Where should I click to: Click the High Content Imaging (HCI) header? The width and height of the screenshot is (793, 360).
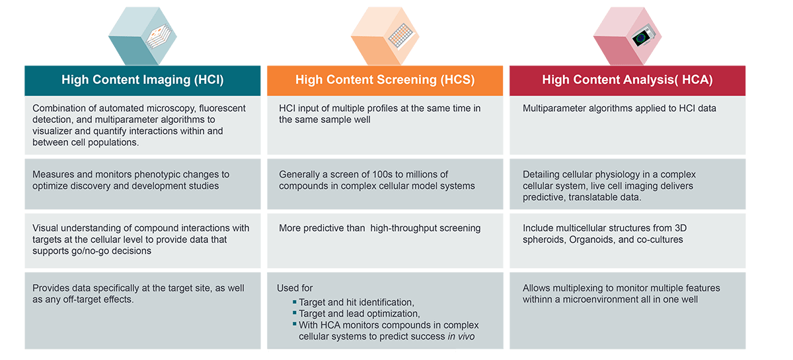(x=142, y=81)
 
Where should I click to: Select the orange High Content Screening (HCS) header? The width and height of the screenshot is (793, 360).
(x=385, y=81)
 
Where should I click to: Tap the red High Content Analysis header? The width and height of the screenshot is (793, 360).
(x=627, y=81)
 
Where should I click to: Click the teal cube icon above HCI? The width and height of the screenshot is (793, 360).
(x=143, y=36)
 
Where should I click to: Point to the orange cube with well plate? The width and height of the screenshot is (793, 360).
(x=385, y=36)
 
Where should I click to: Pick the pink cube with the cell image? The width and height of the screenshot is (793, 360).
(x=628, y=36)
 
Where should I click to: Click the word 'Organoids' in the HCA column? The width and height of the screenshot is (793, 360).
(x=592, y=240)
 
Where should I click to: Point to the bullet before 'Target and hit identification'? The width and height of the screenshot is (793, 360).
(x=295, y=302)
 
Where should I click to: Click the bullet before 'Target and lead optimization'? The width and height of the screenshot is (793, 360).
(x=295, y=313)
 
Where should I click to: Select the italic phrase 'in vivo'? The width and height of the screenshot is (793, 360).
(x=461, y=336)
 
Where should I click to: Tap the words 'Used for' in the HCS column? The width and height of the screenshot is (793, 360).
(x=295, y=288)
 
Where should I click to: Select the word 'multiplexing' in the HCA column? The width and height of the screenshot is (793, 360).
(x=582, y=289)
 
